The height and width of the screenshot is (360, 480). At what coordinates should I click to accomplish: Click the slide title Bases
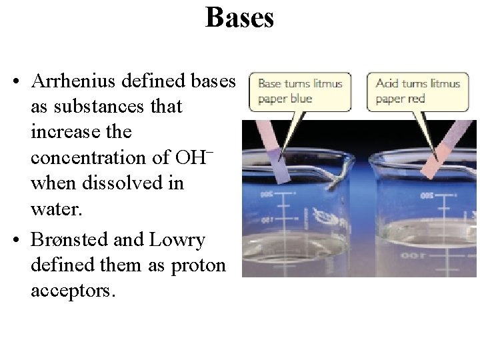coord(239,17)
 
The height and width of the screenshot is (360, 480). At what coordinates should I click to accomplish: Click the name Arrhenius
coord(71,81)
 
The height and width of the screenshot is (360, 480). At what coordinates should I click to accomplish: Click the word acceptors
coord(72,291)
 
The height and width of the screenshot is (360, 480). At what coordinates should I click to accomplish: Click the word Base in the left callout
coord(269,84)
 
